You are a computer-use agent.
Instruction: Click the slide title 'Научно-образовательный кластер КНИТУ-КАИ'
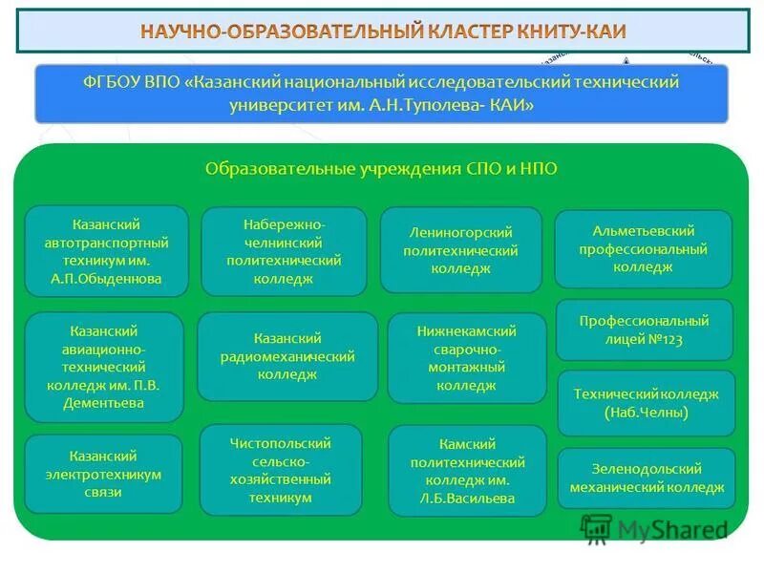coord(383,31)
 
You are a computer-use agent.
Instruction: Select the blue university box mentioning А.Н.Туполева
coord(381,94)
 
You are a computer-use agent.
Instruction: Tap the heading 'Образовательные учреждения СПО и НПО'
coord(381,168)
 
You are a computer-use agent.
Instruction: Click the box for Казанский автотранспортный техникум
coord(106,251)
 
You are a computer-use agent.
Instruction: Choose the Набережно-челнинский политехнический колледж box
coord(284,251)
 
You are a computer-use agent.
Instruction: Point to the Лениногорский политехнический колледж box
coord(460,250)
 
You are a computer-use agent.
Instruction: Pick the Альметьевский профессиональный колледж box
coord(643,248)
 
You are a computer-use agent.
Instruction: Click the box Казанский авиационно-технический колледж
coord(103,367)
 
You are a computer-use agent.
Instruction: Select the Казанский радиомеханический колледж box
coord(287,356)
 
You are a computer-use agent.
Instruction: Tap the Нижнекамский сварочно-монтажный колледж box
coord(466,358)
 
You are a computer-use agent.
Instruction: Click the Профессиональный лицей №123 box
coord(645,329)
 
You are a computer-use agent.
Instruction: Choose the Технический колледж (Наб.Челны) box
coord(646,403)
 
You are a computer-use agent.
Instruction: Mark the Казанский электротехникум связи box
coord(103,474)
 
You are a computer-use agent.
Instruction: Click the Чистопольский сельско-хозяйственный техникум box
coord(281,470)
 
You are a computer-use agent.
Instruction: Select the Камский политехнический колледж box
coord(468,471)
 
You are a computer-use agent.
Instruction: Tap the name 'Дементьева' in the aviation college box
coord(103,403)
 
